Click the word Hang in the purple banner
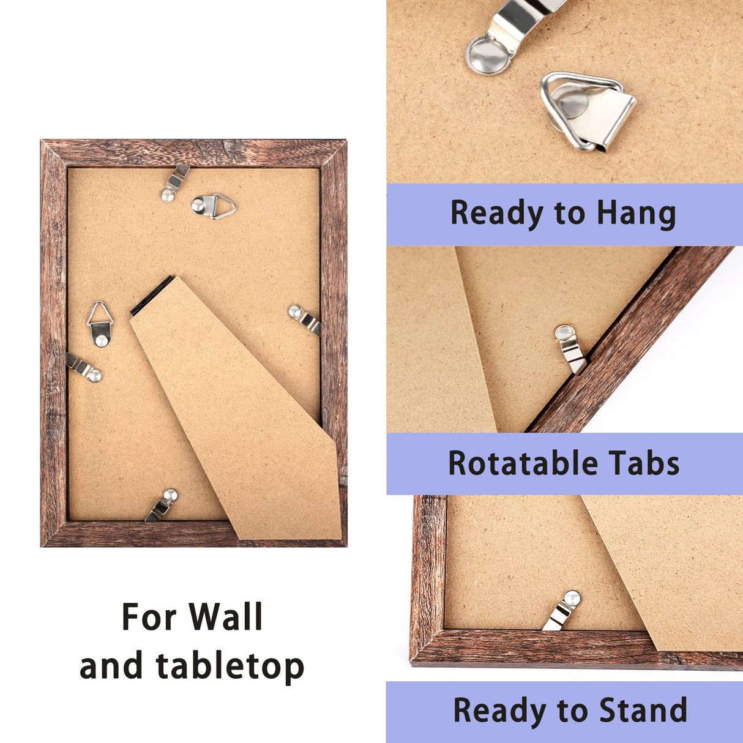pyautogui.click(x=637, y=214)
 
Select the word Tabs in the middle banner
pyautogui.click(x=644, y=463)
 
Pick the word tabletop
pyautogui.click(x=230, y=666)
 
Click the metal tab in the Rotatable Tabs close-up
pyautogui.click(x=570, y=349)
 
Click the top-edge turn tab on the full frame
pyautogui.click(x=175, y=183)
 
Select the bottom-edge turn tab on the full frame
pyautogui.click(x=162, y=505)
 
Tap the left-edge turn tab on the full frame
pyautogui.click(x=84, y=367)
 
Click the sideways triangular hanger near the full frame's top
pyautogui.click(x=214, y=206)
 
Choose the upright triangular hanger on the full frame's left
pyautogui.click(x=100, y=324)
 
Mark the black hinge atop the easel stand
pyautogui.click(x=152, y=295)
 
